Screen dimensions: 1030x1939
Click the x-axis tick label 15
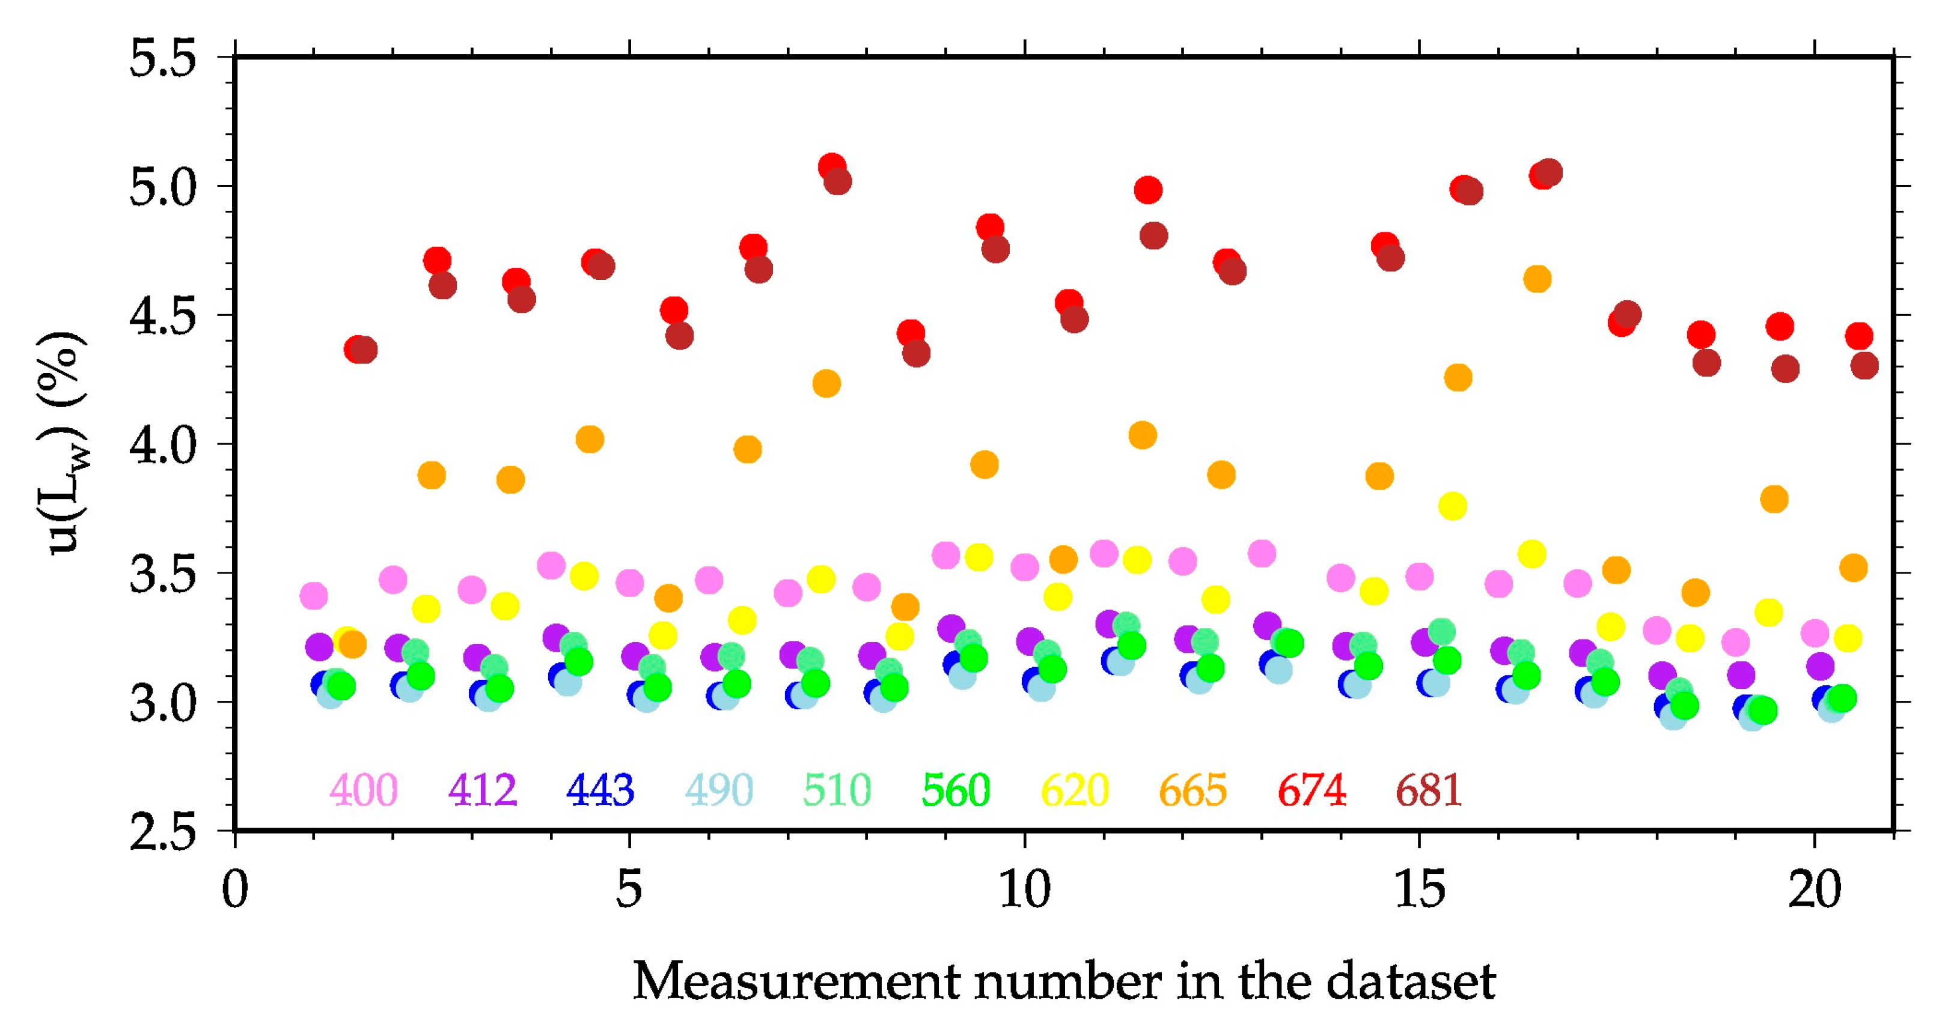pos(1420,890)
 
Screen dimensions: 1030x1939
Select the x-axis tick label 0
pos(235,890)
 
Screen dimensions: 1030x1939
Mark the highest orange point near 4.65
pos(1537,279)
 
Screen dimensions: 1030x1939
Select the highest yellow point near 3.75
pos(1453,506)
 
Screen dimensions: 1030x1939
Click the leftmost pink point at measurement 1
pos(314,596)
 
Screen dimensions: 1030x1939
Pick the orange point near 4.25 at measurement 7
pos(826,384)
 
